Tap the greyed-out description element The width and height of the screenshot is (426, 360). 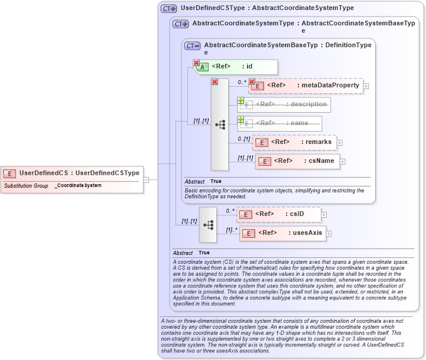pos(284,104)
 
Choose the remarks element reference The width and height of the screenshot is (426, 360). pos(294,142)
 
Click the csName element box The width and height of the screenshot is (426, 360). pos(297,161)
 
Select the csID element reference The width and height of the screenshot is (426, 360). pos(278,214)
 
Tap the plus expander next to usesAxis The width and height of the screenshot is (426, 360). pos(329,234)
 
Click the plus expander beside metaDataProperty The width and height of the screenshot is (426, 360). pos(366,86)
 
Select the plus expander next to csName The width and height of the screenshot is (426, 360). pos(343,162)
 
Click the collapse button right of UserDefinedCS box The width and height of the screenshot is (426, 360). pos(146,179)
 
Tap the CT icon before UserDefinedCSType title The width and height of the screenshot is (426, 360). pos(169,9)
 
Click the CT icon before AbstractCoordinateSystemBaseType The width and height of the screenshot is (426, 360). pos(193,45)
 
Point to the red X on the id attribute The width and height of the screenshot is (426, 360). pos(196,63)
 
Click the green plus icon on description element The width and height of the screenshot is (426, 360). pos(240,100)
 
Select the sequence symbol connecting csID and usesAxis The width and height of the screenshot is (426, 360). pos(208,224)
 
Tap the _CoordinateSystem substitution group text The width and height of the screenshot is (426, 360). pos(78,185)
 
